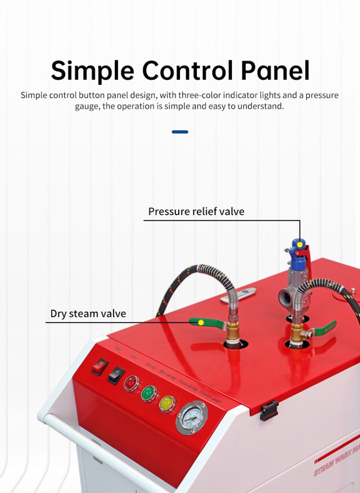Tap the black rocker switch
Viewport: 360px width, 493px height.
coord(116,375)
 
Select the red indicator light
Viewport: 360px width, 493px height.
coord(132,383)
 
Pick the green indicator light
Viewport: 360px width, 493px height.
coord(149,393)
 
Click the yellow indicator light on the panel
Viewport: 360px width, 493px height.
coord(167,403)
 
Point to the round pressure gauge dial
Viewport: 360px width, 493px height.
coord(192,417)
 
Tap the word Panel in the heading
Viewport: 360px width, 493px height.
coord(275,71)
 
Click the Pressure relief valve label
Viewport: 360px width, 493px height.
coord(196,211)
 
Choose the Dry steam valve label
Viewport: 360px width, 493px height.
coord(88,314)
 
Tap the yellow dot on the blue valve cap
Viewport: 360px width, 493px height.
coord(300,245)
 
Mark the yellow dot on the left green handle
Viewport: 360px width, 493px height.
coord(201,322)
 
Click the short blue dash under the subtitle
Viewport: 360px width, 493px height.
coord(180,132)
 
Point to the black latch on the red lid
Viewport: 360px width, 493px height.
coord(269,410)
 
